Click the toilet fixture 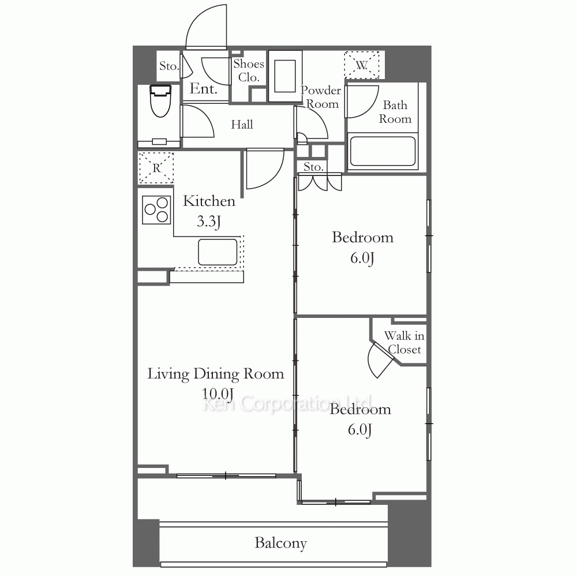click(x=160, y=101)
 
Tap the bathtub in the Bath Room click(x=383, y=151)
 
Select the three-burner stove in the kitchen click(x=156, y=210)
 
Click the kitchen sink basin click(x=218, y=252)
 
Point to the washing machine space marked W click(x=362, y=65)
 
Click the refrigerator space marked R click(x=156, y=168)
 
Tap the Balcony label click(x=280, y=543)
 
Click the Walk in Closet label click(x=404, y=342)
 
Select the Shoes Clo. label click(x=249, y=70)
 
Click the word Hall click(x=242, y=125)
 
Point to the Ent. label click(x=203, y=89)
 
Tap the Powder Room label click(x=320, y=97)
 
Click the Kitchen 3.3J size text click(x=209, y=221)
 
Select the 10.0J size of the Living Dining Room click(x=218, y=394)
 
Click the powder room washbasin click(x=285, y=76)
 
